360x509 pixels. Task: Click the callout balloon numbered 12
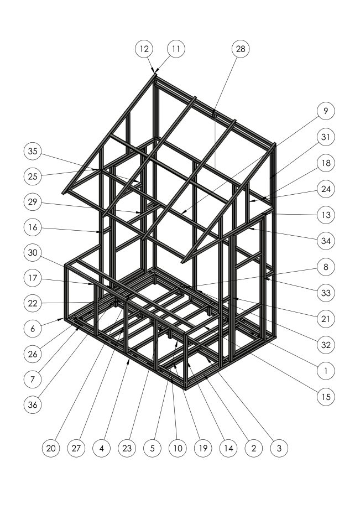[x=144, y=49]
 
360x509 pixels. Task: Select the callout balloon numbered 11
[x=176, y=49]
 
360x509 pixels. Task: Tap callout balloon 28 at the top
[x=241, y=49]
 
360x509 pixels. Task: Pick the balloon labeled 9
[x=326, y=111]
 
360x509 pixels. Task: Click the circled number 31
[x=326, y=137]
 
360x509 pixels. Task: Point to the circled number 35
[x=33, y=151]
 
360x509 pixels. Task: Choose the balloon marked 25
[x=33, y=176]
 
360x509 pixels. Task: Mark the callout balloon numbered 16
[x=33, y=227]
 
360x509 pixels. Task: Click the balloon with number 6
[x=33, y=329]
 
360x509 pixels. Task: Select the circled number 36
[x=33, y=404]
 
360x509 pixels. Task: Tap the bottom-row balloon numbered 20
[x=51, y=448]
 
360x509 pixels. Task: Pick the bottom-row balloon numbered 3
[x=279, y=448]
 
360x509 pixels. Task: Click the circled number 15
[x=326, y=397]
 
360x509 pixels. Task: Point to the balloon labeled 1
[x=326, y=371]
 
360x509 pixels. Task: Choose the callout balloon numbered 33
[x=326, y=293]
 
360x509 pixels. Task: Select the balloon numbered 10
[x=178, y=448]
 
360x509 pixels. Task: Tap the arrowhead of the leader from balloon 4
[x=128, y=360]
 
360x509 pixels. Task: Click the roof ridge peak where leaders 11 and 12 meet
[x=155, y=74]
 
